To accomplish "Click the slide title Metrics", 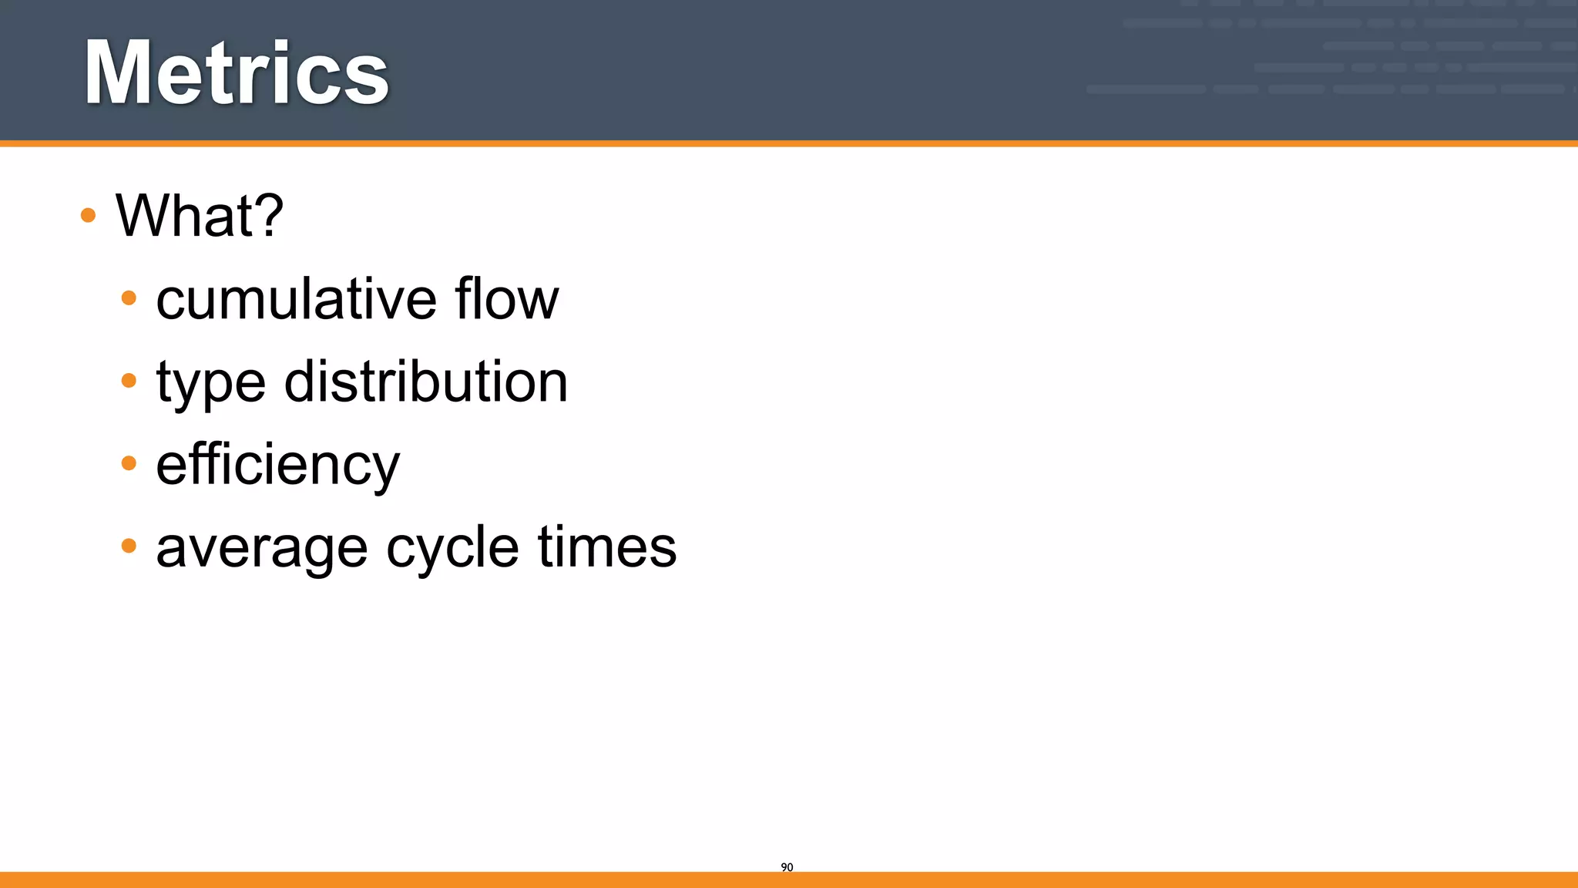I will pyautogui.click(x=237, y=74).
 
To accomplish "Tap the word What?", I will pyautogui.click(x=200, y=215).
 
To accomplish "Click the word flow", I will pyautogui.click(x=506, y=298).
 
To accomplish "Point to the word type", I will pyautogui.click(x=210, y=383).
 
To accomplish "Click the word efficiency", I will pyautogui.click(x=277, y=465).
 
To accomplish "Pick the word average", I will pyautogui.click(x=262, y=549).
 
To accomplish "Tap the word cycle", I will pyautogui.click(x=452, y=549).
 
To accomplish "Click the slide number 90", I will pyautogui.click(x=787, y=867).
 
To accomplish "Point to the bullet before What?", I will pyautogui.click(x=88, y=215).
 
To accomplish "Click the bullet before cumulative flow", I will pyautogui.click(x=129, y=298).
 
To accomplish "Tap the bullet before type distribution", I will pyautogui.click(x=129, y=380).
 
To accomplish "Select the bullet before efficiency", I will pyautogui.click(x=129, y=463).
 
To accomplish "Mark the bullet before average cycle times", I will pyautogui.click(x=129, y=546).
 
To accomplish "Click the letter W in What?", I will pyautogui.click(x=146, y=215).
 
